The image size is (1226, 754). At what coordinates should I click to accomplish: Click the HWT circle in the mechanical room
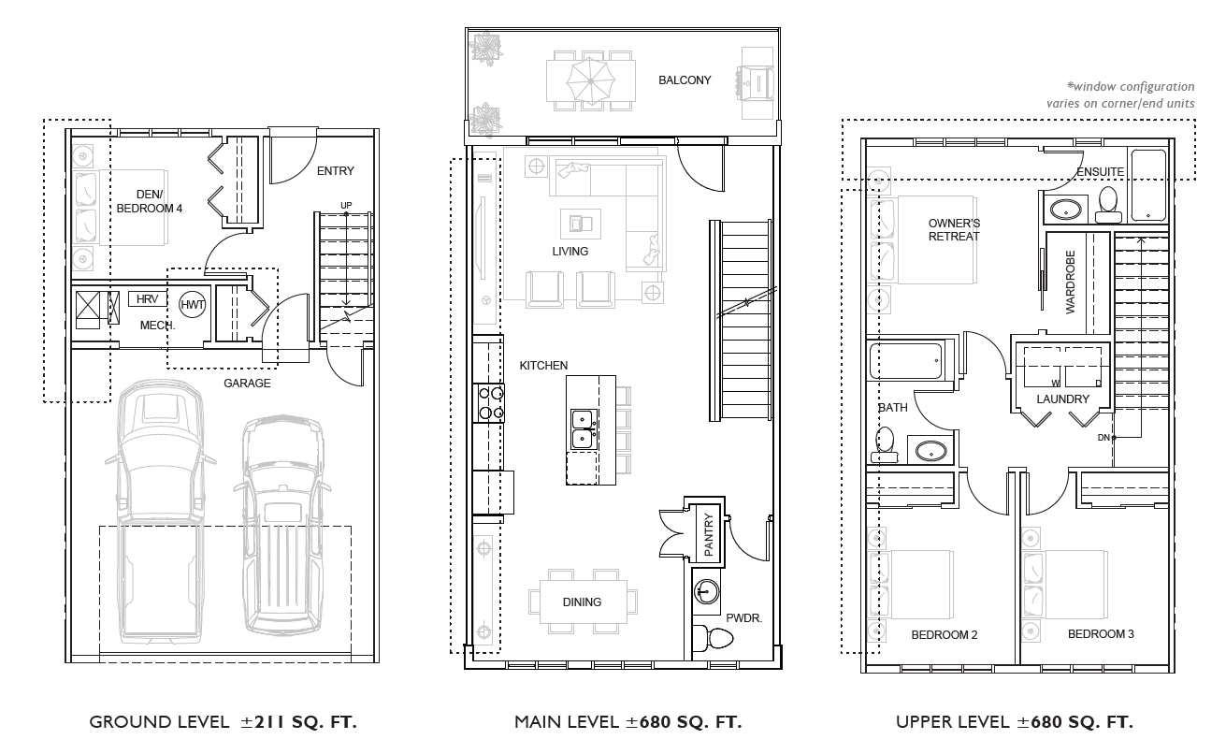click(x=192, y=305)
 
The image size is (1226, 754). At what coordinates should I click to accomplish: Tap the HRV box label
click(x=147, y=299)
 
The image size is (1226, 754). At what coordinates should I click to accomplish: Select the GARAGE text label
click(x=247, y=383)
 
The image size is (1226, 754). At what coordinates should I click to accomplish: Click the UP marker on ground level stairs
click(x=346, y=205)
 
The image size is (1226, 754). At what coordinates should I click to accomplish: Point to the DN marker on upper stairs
click(x=1103, y=438)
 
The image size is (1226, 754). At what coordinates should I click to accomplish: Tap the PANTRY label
click(x=709, y=536)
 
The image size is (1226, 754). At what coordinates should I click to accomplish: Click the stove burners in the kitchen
click(x=492, y=402)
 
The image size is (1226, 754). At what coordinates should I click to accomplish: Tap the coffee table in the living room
click(x=580, y=223)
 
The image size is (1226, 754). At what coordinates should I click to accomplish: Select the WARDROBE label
click(x=1071, y=282)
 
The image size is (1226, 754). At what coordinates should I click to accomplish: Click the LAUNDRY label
click(x=1063, y=399)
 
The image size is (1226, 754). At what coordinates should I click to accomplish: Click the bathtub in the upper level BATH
click(x=906, y=360)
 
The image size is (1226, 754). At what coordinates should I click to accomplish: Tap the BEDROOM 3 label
click(x=1101, y=634)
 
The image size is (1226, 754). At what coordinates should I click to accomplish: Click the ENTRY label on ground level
click(x=335, y=171)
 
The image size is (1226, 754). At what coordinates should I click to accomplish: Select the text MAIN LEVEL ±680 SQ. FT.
click(x=627, y=722)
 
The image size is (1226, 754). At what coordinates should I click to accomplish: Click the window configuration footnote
click(x=1122, y=95)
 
